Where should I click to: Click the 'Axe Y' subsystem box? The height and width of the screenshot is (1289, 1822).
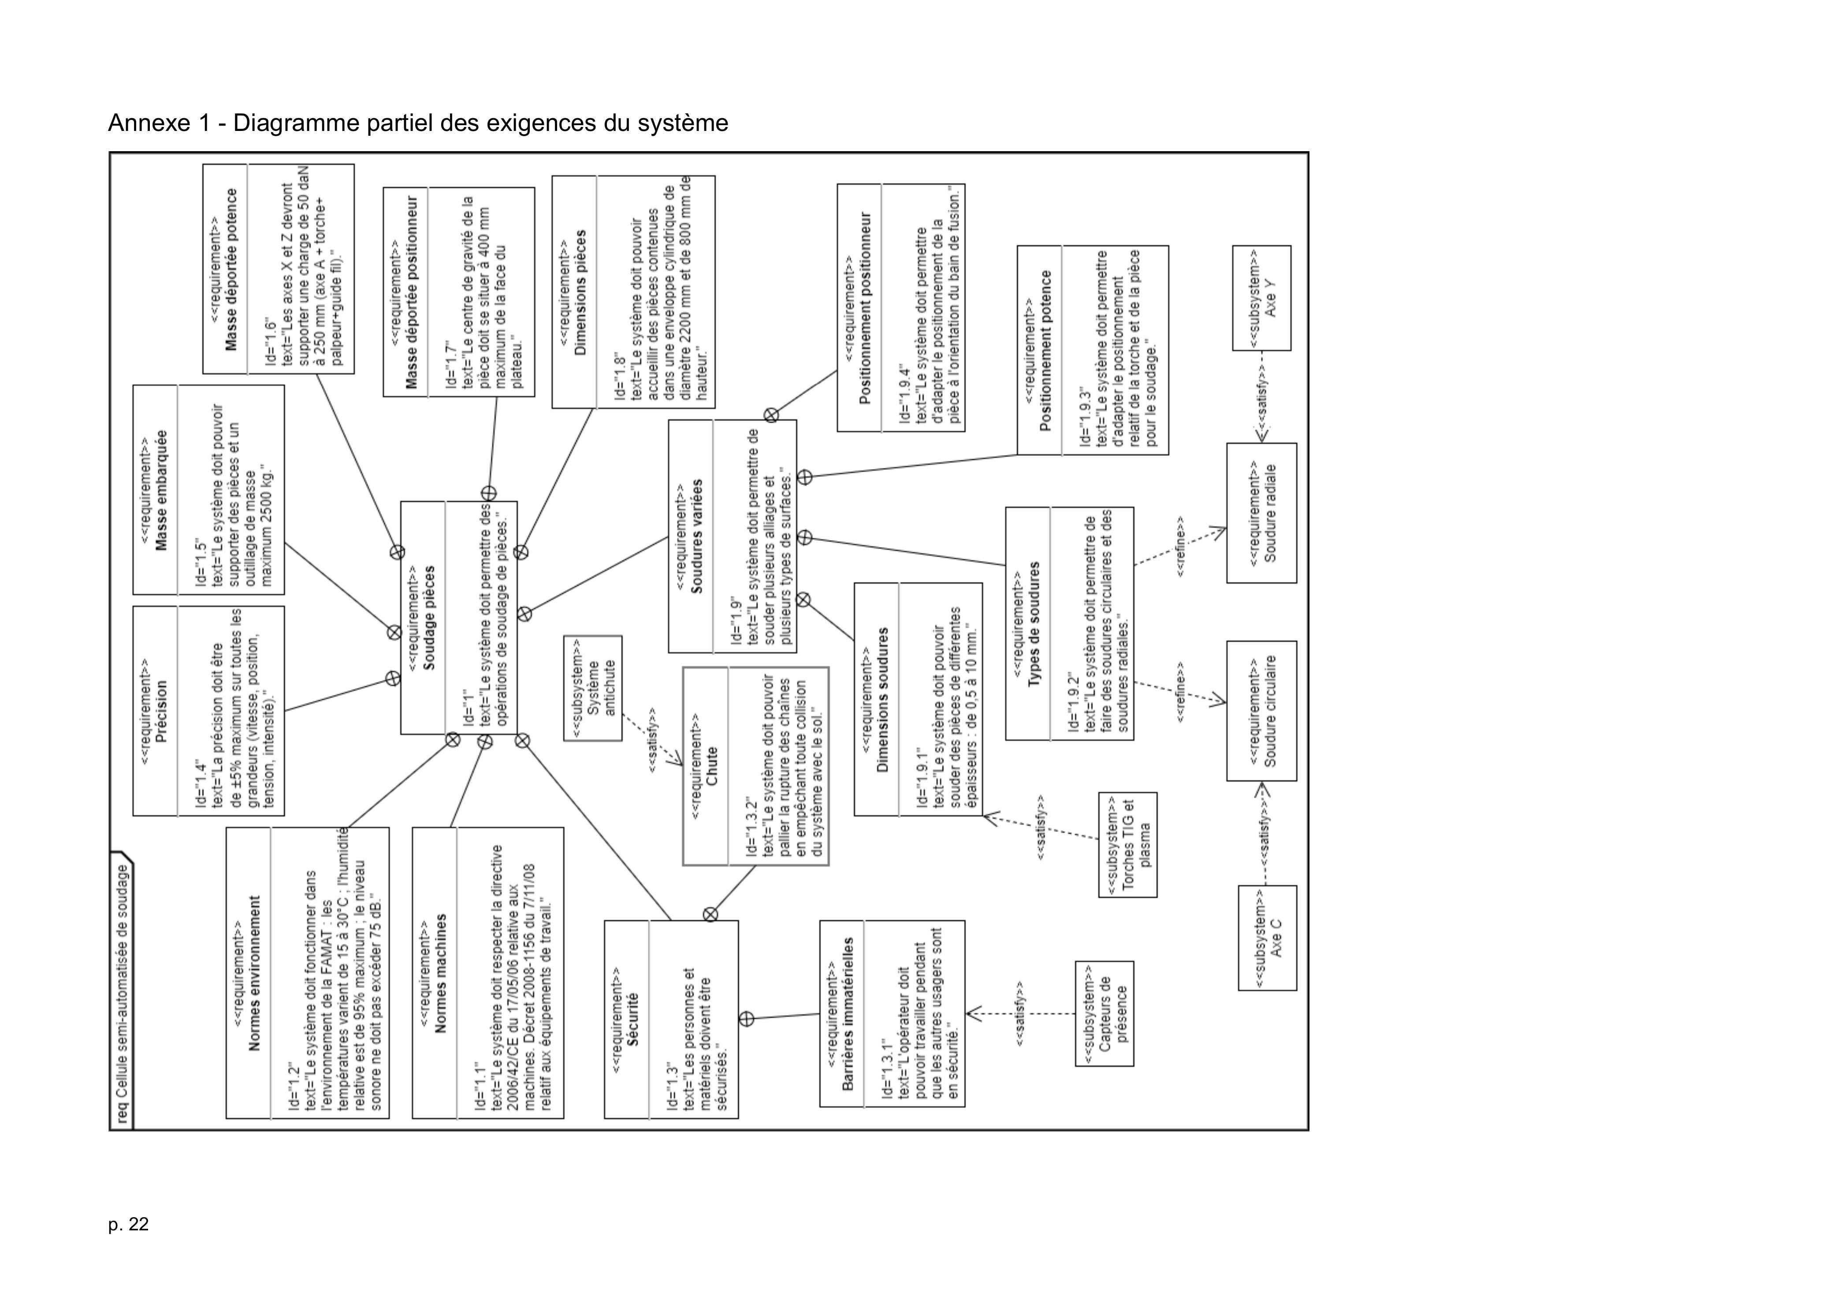pos(1261,298)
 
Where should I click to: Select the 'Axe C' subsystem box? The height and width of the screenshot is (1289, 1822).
pos(1267,937)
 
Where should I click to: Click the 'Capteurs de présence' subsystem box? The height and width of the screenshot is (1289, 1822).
pos(1104,1013)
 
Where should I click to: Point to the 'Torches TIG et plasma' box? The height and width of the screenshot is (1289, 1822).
pos(1128,845)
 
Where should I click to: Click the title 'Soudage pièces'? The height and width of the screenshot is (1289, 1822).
pos(428,618)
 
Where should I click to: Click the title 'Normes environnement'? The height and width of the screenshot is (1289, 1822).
pos(255,973)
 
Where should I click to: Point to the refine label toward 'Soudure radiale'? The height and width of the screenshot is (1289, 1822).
pos(1180,547)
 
